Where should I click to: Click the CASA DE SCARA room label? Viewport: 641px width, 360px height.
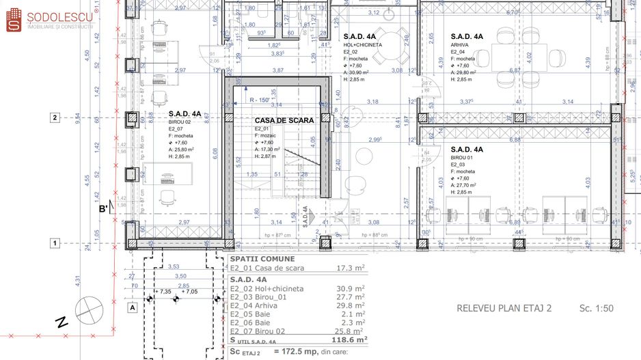click(x=284, y=120)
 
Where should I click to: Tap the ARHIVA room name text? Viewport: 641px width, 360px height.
click(x=460, y=44)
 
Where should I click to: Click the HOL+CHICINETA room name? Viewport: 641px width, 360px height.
click(x=363, y=44)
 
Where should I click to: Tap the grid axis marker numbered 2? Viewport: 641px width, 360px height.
click(x=55, y=117)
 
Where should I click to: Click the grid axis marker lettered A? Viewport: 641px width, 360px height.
click(x=131, y=307)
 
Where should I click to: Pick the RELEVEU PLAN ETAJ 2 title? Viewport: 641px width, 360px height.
click(x=504, y=308)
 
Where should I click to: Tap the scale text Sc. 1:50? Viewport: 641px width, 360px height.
click(x=596, y=308)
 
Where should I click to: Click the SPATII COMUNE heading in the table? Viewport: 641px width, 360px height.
click(x=263, y=259)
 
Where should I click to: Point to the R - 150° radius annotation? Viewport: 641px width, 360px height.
click(x=259, y=100)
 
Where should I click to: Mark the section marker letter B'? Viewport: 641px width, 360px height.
click(x=103, y=209)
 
